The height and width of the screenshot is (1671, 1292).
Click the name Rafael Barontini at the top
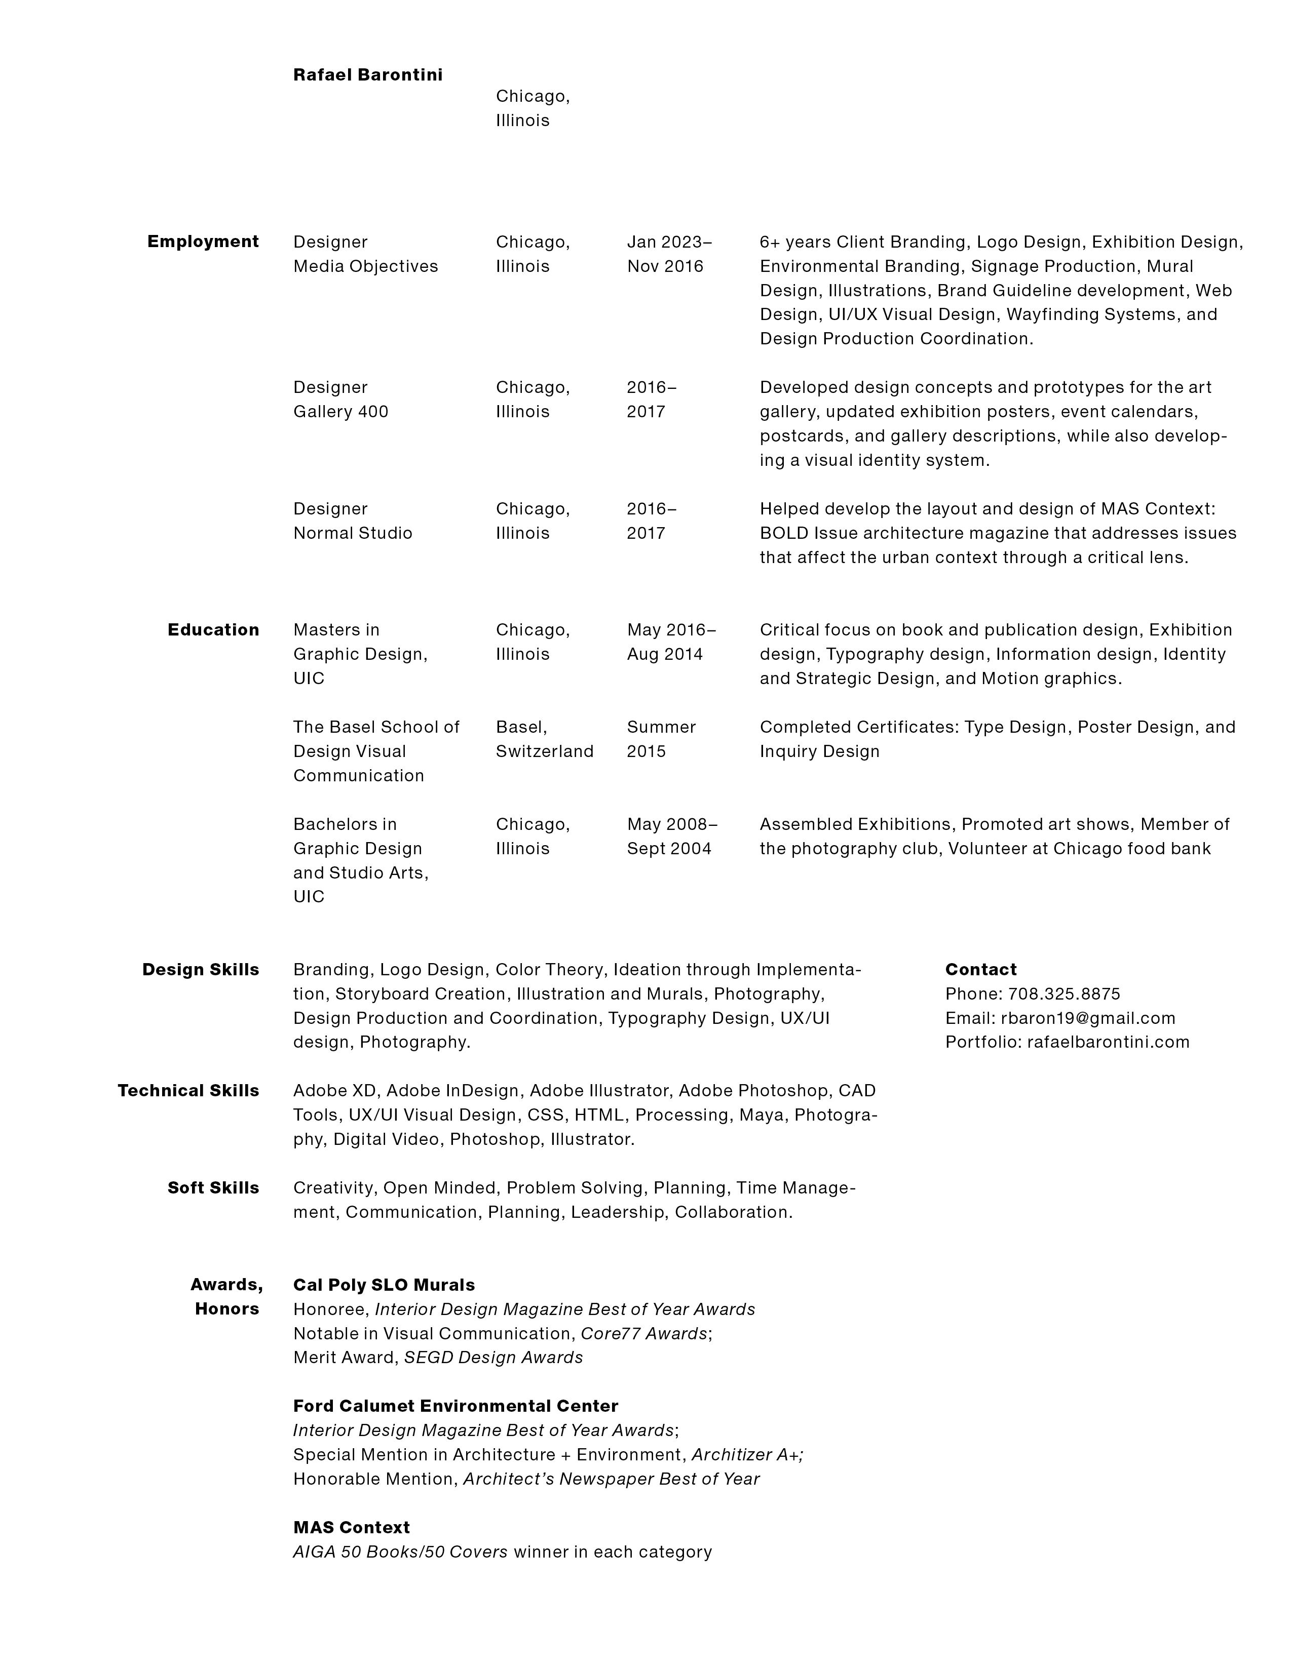[367, 75]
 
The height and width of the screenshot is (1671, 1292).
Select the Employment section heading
[203, 242]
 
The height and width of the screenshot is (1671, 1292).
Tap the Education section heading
[213, 630]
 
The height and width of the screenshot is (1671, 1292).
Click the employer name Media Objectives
[365, 266]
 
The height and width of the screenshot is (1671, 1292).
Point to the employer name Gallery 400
[340, 412]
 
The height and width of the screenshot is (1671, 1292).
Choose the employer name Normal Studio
[352, 533]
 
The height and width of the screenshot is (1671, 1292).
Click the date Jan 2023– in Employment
[669, 242]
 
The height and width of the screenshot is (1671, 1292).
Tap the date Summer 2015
[661, 739]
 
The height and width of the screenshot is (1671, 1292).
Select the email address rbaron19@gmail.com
[1088, 1018]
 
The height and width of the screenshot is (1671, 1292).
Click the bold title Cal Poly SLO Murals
[384, 1285]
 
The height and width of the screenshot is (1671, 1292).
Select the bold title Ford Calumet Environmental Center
[455, 1406]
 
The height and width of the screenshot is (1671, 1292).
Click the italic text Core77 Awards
[643, 1334]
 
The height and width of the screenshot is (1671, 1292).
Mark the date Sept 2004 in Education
[669, 849]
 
